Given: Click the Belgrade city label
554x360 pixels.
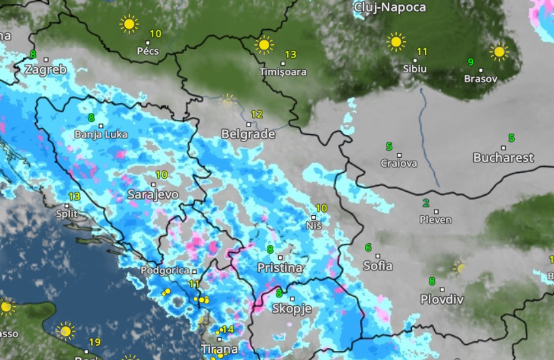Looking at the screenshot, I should pyautogui.click(x=248, y=134).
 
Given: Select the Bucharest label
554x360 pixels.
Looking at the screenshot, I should pyautogui.click(x=503, y=158).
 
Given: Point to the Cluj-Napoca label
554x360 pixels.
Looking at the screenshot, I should pyautogui.click(x=389, y=8).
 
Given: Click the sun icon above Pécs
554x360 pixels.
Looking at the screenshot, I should pyautogui.click(x=129, y=25).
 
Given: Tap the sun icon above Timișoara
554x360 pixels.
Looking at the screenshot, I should pyautogui.click(x=264, y=45).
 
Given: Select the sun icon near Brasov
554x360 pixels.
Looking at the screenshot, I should pyautogui.click(x=499, y=52).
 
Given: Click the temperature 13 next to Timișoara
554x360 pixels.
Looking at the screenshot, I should pyautogui.click(x=291, y=55).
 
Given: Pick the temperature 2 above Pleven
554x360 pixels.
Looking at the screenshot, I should pyautogui.click(x=426, y=203).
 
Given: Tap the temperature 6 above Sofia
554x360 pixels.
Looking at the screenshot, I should pyautogui.click(x=368, y=248).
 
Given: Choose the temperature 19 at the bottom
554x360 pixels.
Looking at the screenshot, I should pyautogui.click(x=95, y=342).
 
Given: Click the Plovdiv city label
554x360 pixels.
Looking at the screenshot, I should pyautogui.click(x=442, y=300).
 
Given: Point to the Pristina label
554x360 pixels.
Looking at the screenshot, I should pyautogui.click(x=280, y=268).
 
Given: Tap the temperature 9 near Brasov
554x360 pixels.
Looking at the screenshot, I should pyautogui.click(x=470, y=63).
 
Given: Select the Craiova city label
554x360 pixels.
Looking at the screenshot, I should pyautogui.click(x=398, y=164).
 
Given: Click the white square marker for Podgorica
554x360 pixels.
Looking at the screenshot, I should pyautogui.click(x=194, y=271).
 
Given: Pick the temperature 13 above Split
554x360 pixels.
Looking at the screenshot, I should pyautogui.click(x=74, y=196).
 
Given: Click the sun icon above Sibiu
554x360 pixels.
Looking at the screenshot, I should pyautogui.click(x=396, y=42).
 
